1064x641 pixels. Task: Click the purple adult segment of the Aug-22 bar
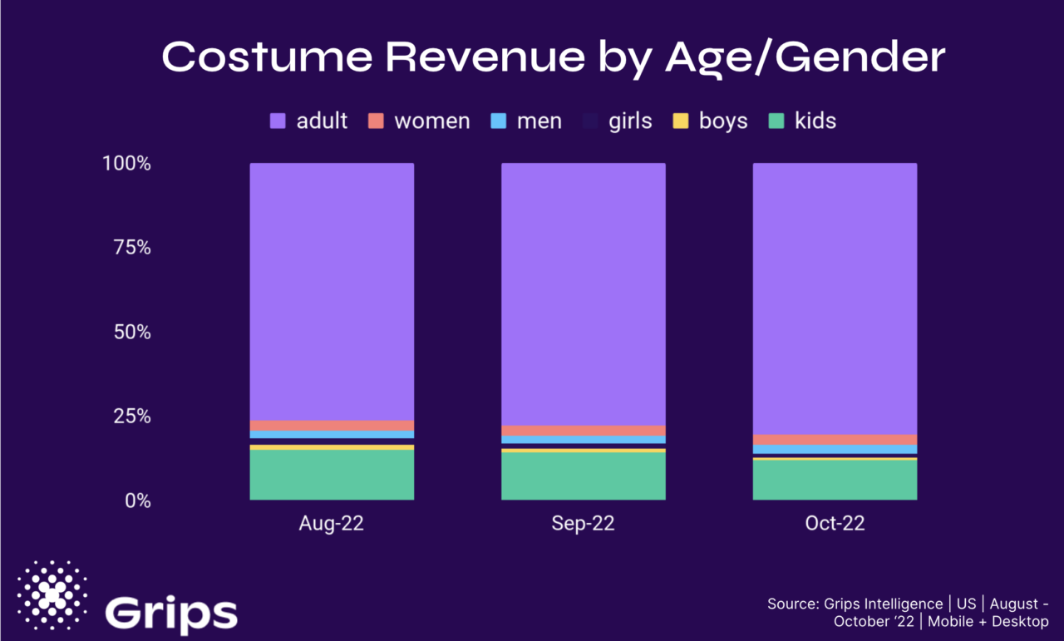click(x=332, y=291)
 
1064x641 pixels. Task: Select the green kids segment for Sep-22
click(x=583, y=476)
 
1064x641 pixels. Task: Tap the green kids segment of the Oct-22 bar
click(x=835, y=480)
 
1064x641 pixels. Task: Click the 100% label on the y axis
click(x=126, y=164)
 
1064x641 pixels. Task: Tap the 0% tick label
click(x=136, y=500)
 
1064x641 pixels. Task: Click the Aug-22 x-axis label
click(x=332, y=524)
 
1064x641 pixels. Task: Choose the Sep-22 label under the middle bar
click(x=583, y=524)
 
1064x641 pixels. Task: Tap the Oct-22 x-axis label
click(x=835, y=524)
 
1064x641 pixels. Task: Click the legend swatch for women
click(x=377, y=121)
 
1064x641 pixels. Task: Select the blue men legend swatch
click(x=499, y=121)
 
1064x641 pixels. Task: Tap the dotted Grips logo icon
click(x=52, y=595)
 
